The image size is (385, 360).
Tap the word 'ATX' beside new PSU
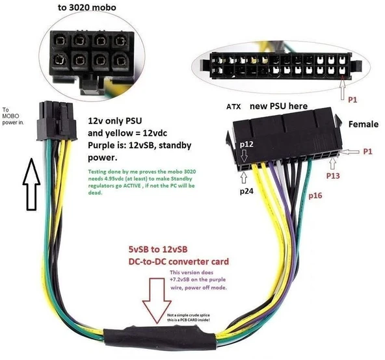pos(234,106)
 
